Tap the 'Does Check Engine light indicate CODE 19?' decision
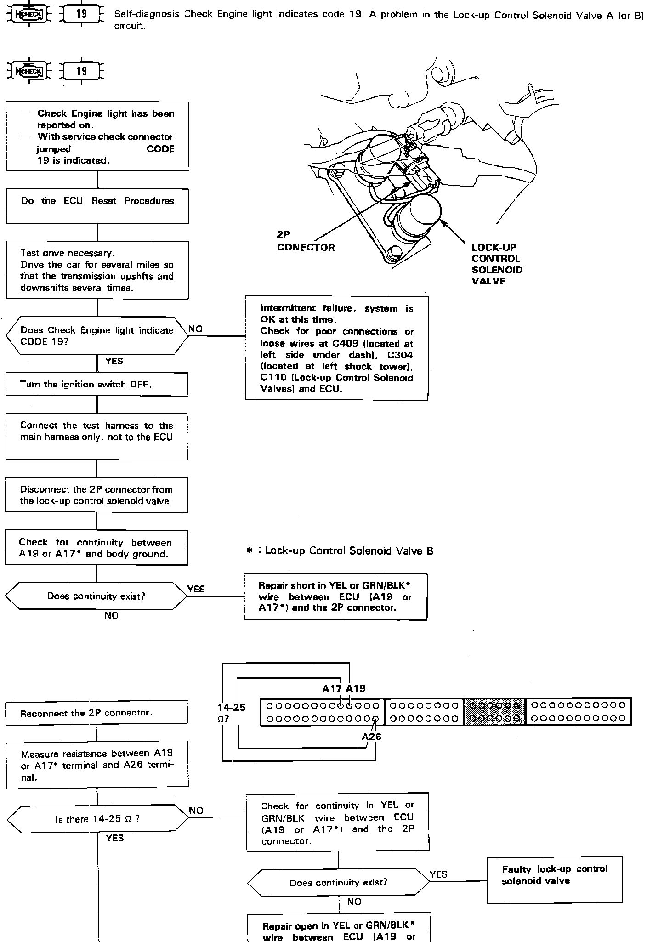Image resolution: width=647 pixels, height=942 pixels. [97, 336]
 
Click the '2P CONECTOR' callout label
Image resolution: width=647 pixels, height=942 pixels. [306, 241]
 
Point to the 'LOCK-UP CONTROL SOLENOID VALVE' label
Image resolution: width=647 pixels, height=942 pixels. [497, 264]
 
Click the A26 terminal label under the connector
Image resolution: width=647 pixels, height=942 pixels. [371, 737]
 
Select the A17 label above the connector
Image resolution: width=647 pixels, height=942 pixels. [332, 688]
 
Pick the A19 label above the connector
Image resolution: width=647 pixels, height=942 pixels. [356, 688]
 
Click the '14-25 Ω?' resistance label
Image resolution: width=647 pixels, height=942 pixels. [232, 712]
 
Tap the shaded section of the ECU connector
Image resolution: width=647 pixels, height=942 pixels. [494, 712]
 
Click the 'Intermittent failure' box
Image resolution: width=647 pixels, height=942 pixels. [336, 348]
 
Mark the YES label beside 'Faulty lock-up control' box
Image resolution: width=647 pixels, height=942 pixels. [438, 874]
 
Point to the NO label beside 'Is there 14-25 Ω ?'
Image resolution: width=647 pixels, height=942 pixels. [196, 811]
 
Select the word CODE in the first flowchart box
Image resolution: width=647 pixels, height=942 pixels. [160, 149]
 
